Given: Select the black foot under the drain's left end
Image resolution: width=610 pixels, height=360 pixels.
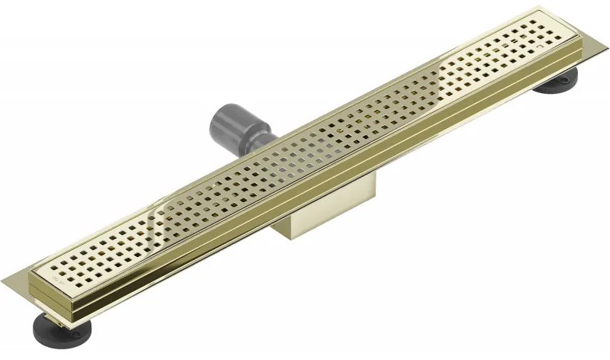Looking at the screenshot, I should [69, 330].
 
